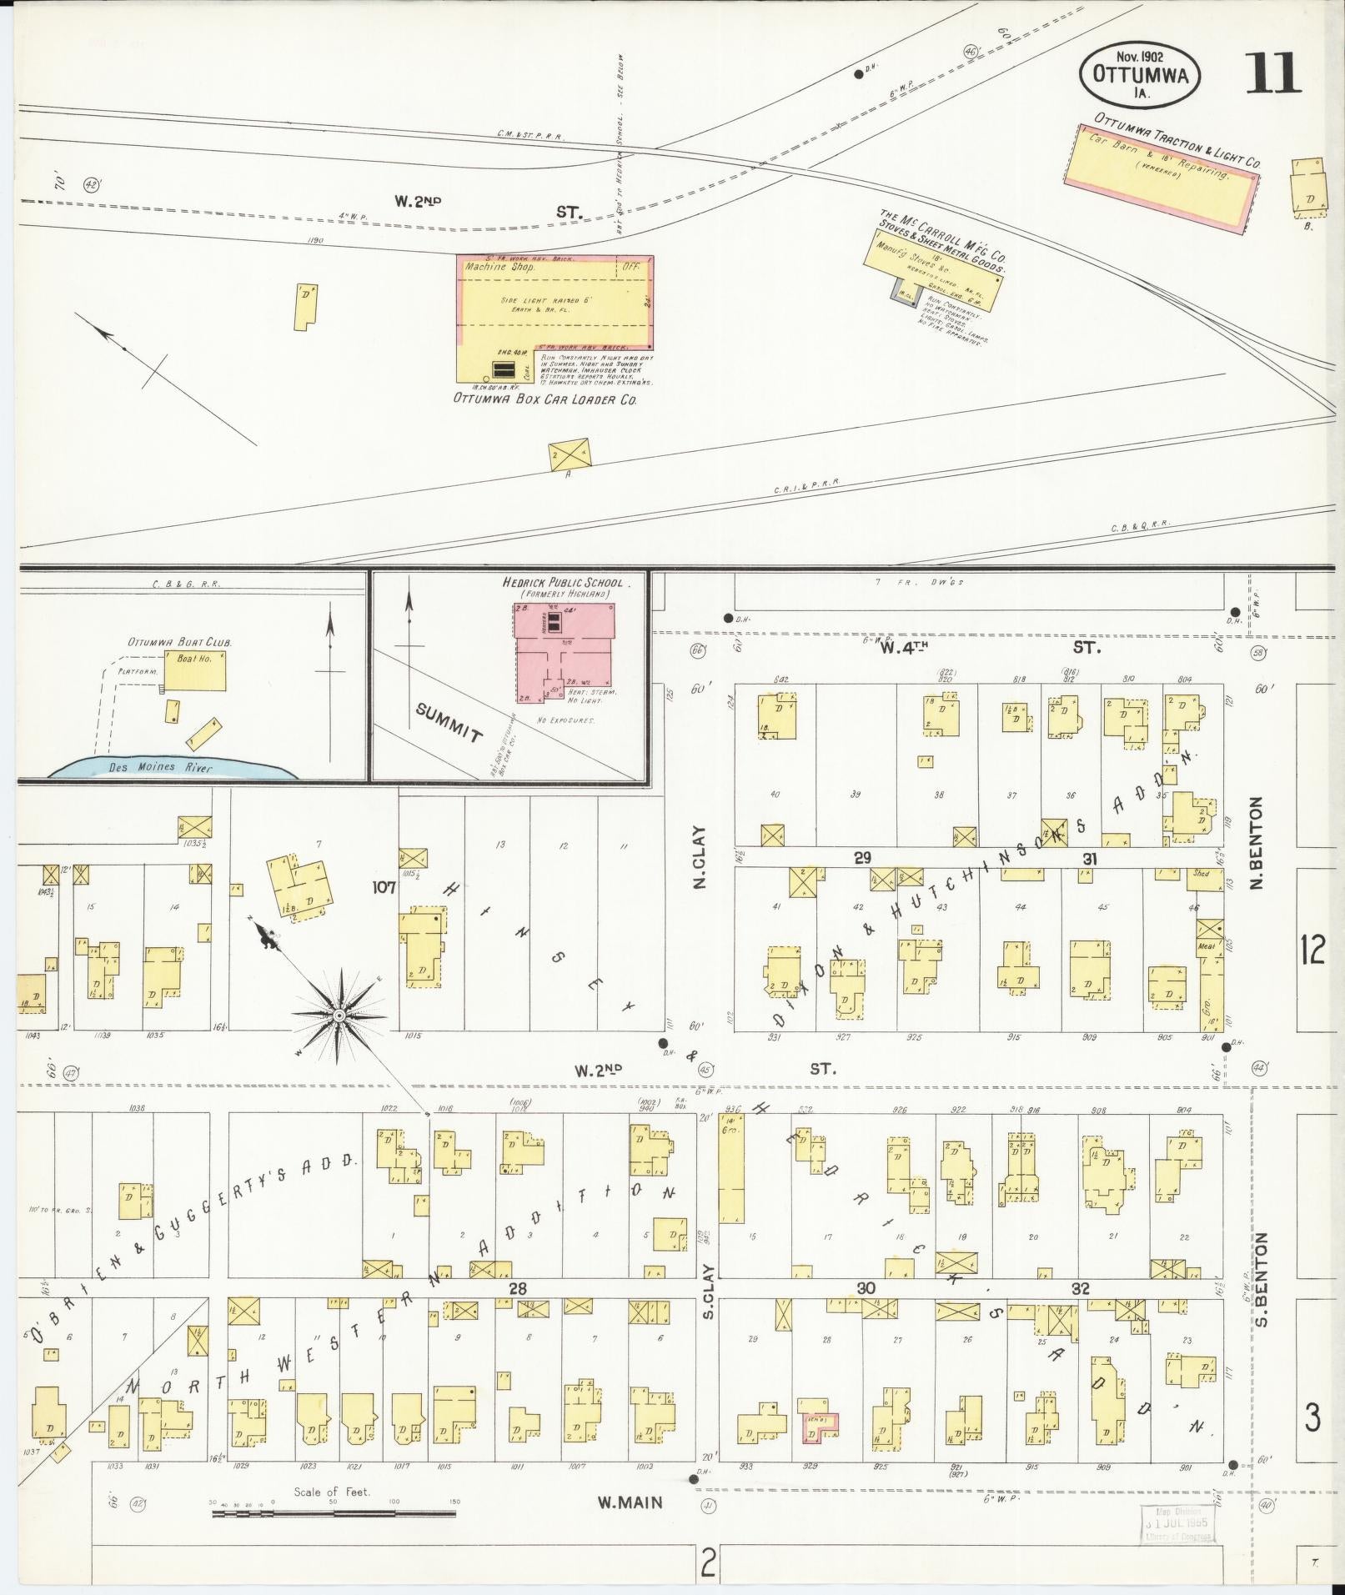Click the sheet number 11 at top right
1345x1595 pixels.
point(1272,73)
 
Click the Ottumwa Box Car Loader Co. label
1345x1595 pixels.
point(545,399)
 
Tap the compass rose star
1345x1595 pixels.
point(339,1015)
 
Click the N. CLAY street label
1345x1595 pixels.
point(699,856)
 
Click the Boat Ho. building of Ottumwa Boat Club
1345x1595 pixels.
point(194,670)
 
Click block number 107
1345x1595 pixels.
point(384,888)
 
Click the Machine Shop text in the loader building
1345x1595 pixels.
point(500,268)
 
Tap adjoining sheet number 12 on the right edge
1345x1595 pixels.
point(1312,950)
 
